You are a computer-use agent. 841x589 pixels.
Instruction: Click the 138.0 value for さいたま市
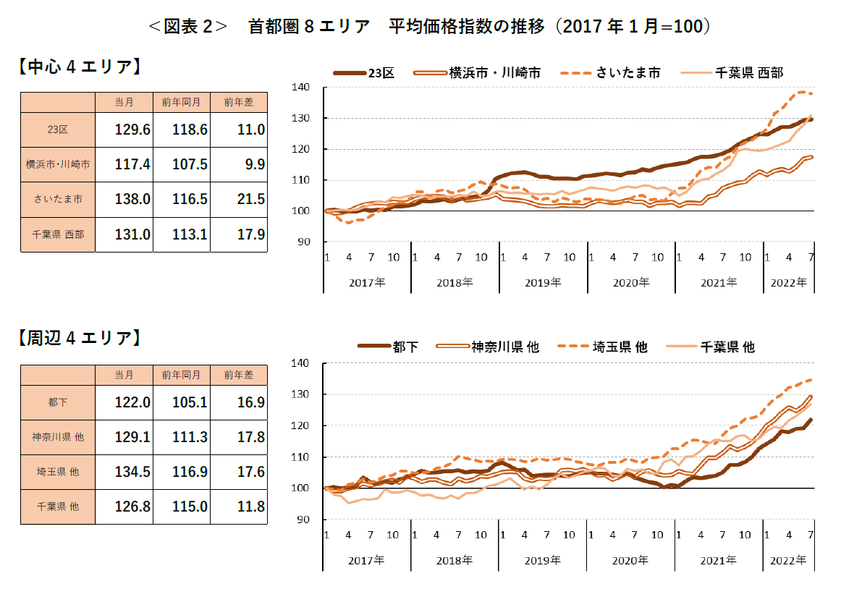(132, 199)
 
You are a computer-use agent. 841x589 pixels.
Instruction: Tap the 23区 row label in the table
(58, 130)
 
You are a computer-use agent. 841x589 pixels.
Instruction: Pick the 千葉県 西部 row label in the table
(58, 234)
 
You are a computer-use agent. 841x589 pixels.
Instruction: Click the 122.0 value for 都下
(132, 403)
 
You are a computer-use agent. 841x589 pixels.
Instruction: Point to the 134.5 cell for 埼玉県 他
(132, 472)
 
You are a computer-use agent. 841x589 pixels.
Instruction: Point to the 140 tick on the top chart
(301, 88)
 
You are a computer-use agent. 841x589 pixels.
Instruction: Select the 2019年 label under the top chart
(543, 282)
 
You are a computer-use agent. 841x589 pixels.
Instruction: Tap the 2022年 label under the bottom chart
(788, 560)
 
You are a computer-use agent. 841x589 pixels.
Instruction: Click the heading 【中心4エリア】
(77, 67)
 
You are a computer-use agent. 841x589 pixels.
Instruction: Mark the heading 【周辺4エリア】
(77, 338)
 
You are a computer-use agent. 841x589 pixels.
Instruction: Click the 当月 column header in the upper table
(124, 103)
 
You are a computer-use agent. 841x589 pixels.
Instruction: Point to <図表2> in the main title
(187, 27)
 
